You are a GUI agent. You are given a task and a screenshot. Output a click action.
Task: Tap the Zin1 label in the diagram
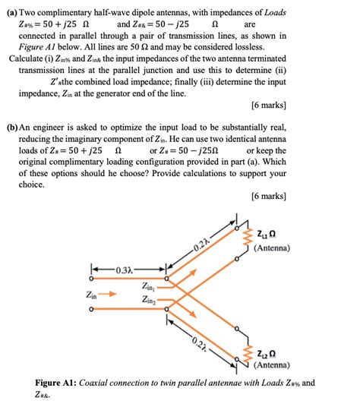150,287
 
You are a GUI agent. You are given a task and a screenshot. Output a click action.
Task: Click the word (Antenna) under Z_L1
272,248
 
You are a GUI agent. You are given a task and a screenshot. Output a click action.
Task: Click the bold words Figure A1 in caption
61,383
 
